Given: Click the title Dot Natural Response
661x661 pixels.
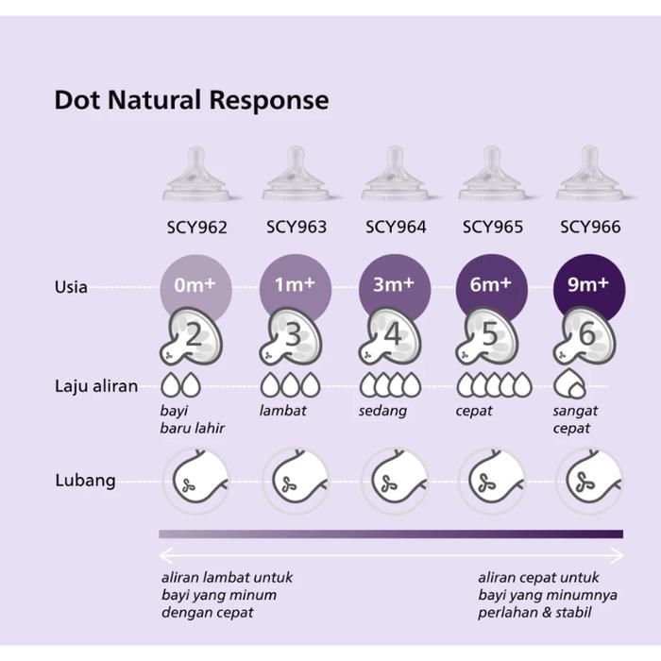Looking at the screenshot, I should (192, 100).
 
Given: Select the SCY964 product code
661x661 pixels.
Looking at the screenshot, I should (395, 228).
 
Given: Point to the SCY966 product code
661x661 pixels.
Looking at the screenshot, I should (590, 228).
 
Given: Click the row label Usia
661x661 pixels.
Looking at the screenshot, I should (71, 286).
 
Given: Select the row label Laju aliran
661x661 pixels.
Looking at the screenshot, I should (95, 385).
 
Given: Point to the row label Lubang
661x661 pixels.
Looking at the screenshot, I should (85, 480).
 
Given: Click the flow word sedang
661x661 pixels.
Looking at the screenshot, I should (382, 411).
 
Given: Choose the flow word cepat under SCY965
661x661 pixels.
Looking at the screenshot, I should (475, 411).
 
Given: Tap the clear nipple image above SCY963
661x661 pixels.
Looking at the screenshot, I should (296, 175).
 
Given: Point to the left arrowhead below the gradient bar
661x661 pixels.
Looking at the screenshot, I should (164, 554).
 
